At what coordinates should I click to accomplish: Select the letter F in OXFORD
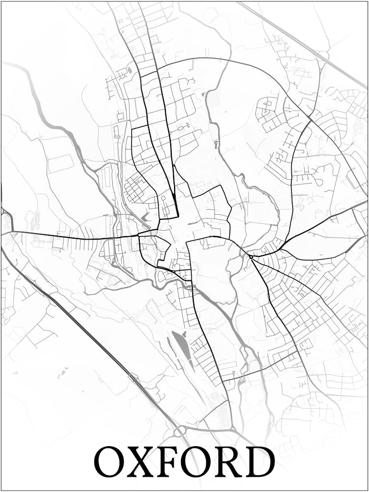[x=170, y=461]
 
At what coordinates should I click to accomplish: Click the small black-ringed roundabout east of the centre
[x=251, y=256]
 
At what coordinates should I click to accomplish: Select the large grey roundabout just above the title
[x=180, y=430]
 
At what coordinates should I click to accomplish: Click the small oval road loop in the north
[x=181, y=128]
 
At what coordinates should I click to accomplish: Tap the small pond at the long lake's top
[x=174, y=332]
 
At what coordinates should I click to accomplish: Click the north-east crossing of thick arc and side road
[x=310, y=119]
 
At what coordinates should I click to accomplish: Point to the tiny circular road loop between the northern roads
[x=163, y=198]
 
